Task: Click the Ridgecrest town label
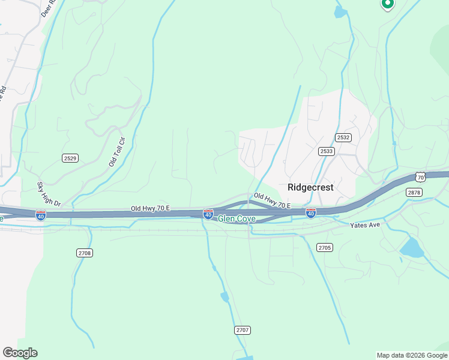[310, 187]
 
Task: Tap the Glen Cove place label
[237, 219]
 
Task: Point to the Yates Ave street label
[365, 225]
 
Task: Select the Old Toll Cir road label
[116, 152]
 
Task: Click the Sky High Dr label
[49, 194]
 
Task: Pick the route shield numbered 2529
[70, 158]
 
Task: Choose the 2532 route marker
[343, 137]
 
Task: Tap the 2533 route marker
[327, 151]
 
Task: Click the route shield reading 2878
[414, 192]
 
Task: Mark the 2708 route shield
[85, 253]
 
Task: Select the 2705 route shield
[324, 247]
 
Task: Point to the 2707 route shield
[243, 331]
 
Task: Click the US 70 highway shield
[420, 177]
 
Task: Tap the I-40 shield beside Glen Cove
[208, 214]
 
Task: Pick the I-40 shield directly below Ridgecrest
[310, 213]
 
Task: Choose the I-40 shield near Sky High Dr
[40, 215]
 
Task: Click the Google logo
[20, 353]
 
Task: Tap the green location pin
[387, 4]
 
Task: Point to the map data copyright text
[412, 355]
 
